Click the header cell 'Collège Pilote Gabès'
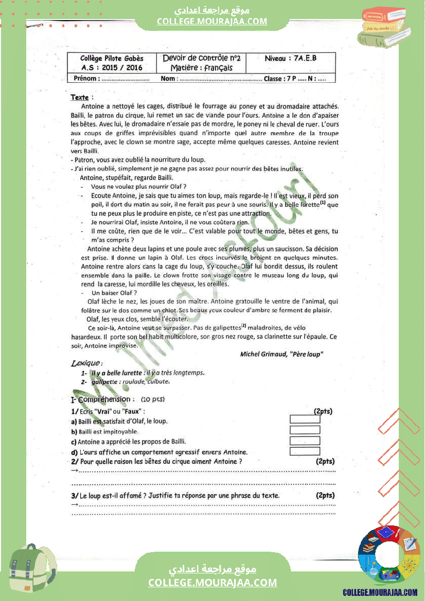click(112, 59)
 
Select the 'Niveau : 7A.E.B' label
click(291, 59)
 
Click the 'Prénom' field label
click(85, 79)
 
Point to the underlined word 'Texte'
click(80, 97)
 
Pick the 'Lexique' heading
click(83, 363)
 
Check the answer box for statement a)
click(305, 419)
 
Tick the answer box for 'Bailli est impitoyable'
click(305, 430)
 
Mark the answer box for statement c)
click(305, 441)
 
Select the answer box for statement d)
click(305, 451)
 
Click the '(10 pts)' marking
click(152, 399)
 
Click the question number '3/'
click(75, 496)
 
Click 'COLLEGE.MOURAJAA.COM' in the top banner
click(212, 21)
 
